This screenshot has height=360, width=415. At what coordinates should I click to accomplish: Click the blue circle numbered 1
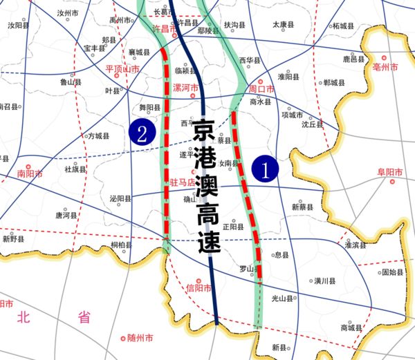[x=265, y=168]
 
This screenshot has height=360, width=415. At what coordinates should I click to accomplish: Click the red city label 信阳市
[x=199, y=288]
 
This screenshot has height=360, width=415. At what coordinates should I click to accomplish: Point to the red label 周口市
[x=261, y=89]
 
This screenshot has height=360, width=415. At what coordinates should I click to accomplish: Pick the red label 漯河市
[x=185, y=89]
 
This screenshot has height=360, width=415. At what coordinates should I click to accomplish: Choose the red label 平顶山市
[x=122, y=70]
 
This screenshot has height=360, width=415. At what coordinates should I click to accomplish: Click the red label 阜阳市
[x=391, y=172]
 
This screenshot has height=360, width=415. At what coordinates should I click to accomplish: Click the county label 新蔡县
[x=302, y=207]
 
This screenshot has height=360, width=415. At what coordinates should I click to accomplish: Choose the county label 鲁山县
[x=71, y=82]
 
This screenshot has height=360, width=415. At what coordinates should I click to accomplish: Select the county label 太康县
[x=282, y=24]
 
